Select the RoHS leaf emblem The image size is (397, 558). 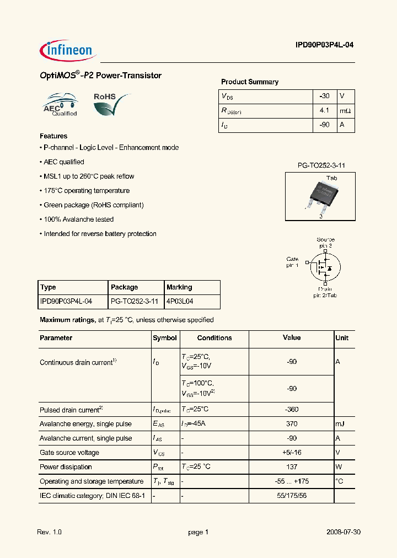tap(111, 104)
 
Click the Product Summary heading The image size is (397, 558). tap(249, 82)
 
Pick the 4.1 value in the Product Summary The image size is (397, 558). tap(324, 110)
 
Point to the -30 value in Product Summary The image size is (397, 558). tap(324, 96)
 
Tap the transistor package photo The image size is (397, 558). tap(319, 195)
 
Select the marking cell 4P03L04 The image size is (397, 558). tap(180, 302)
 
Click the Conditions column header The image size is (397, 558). tap(214, 338)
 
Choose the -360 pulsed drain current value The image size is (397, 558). tap(292, 410)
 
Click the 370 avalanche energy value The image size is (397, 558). tap(292, 424)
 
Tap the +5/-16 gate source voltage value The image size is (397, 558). tap(292, 453)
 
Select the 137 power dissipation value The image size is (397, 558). tap(292, 467)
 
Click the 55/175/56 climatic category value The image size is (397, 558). tap(292, 496)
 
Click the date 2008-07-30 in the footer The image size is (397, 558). tap(343, 532)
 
